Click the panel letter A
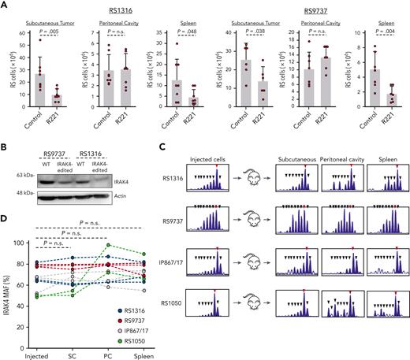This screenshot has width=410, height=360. click(x=6, y=6)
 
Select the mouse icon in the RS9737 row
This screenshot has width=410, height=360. click(x=245, y=216)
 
